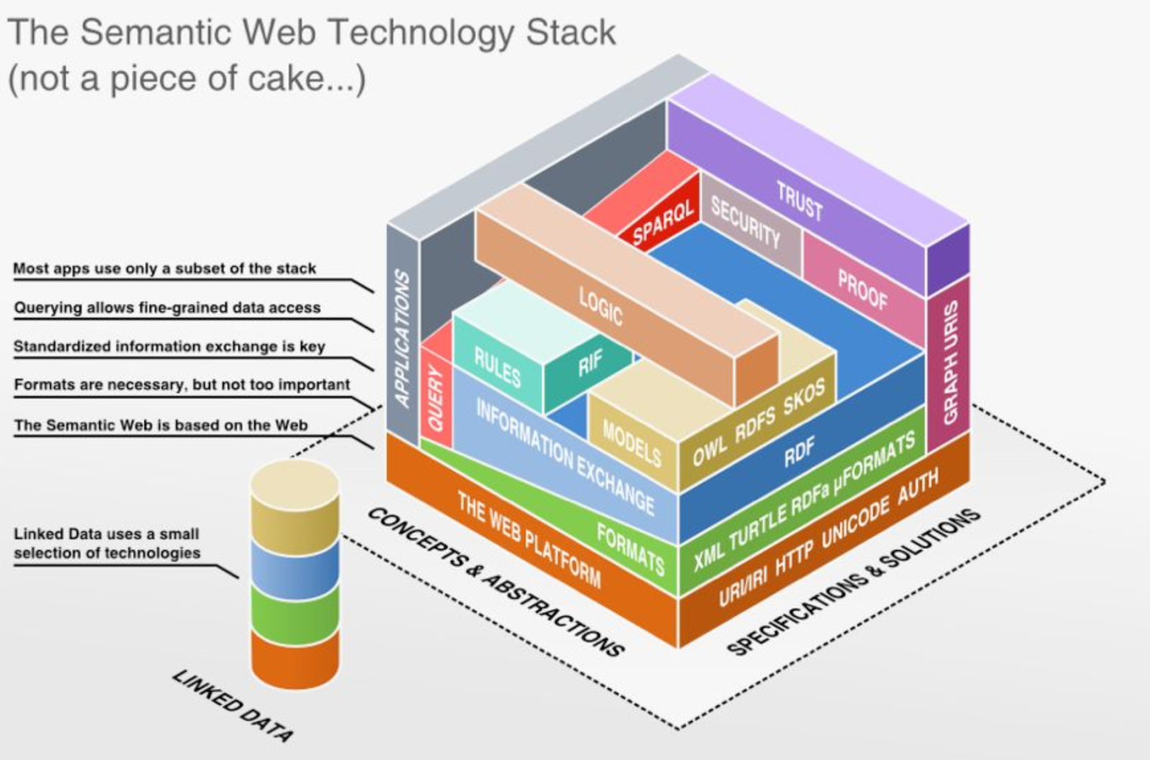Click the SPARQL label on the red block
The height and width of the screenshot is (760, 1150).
[x=663, y=222]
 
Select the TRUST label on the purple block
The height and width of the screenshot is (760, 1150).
[x=799, y=201]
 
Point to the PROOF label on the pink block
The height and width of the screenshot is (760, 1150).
[x=862, y=289]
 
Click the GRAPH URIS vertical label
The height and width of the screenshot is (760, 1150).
[x=950, y=362]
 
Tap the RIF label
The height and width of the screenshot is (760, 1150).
[x=591, y=362]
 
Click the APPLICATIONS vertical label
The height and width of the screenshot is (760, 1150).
[x=402, y=338]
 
